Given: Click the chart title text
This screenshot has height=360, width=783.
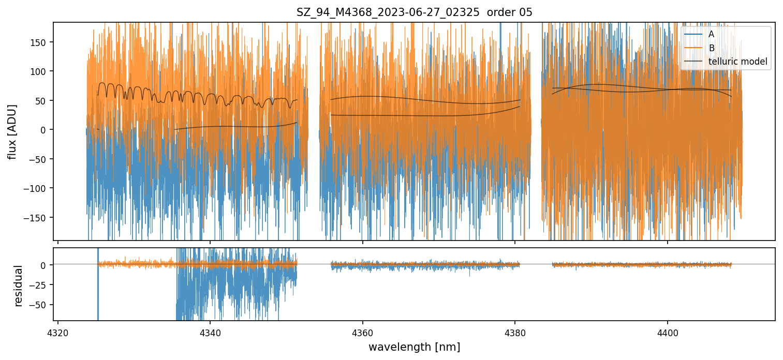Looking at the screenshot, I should (x=414, y=12).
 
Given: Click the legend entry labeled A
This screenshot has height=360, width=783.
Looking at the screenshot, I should (x=711, y=34).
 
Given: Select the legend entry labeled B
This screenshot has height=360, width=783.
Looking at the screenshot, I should (x=711, y=48).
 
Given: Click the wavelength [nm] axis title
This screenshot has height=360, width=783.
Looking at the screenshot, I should (x=414, y=347).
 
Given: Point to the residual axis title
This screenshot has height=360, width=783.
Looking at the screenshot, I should (x=19, y=286).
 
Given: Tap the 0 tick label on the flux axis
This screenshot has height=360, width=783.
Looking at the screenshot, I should (x=45, y=129).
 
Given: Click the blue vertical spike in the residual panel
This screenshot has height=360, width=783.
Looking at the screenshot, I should (x=98, y=290).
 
